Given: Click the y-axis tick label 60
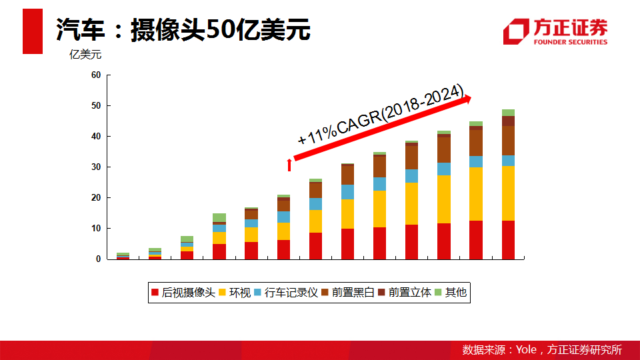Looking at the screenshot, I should [x=96, y=75].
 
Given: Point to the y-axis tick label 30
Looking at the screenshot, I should [x=96, y=167].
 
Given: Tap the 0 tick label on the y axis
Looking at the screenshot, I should [x=98, y=259].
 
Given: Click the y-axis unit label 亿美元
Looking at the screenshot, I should [x=85, y=55].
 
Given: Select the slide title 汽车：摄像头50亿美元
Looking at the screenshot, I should [x=183, y=30].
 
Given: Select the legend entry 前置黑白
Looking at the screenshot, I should [x=347, y=292].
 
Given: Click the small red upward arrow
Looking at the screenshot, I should [x=289, y=165].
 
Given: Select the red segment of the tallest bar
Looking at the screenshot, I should [x=508, y=239].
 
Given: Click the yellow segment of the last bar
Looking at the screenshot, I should [x=508, y=193].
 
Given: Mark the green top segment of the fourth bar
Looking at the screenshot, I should [x=219, y=217].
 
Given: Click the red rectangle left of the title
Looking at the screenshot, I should [x=33, y=31].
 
